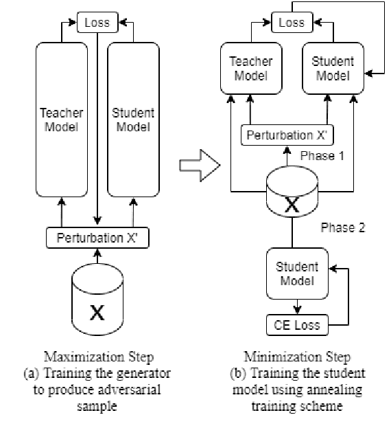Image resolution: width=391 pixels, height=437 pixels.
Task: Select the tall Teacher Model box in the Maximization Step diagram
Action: tap(61, 120)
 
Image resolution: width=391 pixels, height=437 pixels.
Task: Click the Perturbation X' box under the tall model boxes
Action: tap(97, 238)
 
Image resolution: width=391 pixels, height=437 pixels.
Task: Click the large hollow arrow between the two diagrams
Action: tap(198, 166)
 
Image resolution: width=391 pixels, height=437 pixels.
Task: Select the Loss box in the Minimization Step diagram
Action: tap(292, 22)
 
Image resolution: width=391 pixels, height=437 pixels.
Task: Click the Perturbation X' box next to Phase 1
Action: tap(287, 134)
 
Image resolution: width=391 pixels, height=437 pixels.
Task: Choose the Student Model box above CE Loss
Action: tap(296, 273)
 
